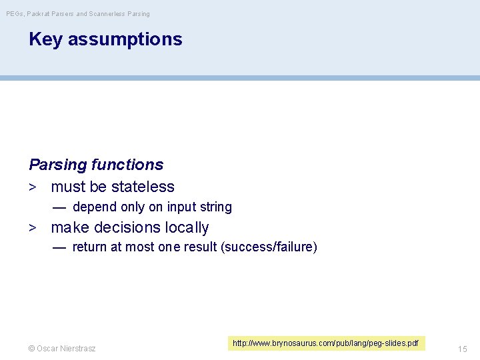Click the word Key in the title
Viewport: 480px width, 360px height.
click(45, 39)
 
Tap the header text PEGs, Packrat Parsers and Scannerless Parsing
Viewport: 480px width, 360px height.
click(78, 13)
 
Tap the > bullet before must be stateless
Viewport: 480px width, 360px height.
click(32, 187)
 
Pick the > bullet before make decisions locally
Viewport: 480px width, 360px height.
click(32, 227)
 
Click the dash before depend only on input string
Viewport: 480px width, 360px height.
click(59, 207)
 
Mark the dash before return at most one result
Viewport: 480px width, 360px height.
click(59, 247)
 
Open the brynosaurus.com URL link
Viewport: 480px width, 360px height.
click(325, 343)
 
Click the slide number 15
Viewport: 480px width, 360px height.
click(463, 349)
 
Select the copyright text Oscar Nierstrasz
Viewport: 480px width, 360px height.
click(62, 349)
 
